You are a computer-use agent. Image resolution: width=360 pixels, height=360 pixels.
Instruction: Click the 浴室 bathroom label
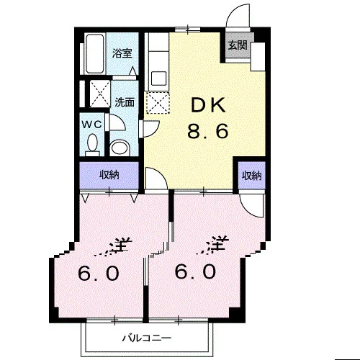click(x=122, y=53)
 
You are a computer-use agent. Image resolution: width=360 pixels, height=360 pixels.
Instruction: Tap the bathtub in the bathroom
click(x=95, y=54)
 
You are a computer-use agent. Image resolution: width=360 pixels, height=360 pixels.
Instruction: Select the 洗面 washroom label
click(x=125, y=102)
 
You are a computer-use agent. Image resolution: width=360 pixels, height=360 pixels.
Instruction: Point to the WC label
click(x=92, y=125)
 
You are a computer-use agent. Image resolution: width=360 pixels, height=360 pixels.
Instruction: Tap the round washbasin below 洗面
click(x=120, y=148)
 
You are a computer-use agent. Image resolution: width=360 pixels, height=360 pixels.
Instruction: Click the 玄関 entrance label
click(x=238, y=45)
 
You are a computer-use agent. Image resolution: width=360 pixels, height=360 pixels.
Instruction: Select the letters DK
click(x=208, y=105)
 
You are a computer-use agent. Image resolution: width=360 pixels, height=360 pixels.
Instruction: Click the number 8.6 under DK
click(x=207, y=131)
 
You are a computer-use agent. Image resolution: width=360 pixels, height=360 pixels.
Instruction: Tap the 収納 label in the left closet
click(x=109, y=175)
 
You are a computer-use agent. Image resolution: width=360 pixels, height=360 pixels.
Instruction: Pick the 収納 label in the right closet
click(x=251, y=176)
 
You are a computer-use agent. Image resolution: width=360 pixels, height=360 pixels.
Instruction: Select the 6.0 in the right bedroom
click(x=195, y=271)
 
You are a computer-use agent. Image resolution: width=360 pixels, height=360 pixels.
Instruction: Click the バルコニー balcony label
click(x=147, y=338)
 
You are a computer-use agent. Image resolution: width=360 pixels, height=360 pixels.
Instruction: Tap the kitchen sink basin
click(x=158, y=78)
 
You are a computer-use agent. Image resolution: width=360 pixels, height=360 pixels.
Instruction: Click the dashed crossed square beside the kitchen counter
click(x=158, y=102)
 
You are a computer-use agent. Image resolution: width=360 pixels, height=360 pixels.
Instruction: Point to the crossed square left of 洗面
click(x=100, y=94)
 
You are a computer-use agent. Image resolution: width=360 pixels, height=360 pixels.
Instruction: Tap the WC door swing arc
click(x=120, y=119)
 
